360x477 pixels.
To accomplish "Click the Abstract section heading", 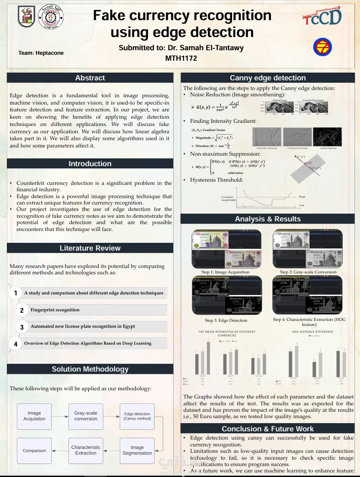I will tap(90, 78).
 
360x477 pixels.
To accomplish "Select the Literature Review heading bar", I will tap(90, 248).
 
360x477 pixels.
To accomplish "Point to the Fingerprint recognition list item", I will tap(55, 310).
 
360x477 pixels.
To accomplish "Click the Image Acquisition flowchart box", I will tap(34, 416).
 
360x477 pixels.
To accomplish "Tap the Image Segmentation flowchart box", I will tap(137, 450).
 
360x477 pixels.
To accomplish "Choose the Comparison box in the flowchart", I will tap(34, 451).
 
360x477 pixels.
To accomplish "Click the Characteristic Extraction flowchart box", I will tap(86, 450).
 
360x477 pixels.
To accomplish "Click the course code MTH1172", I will tap(181, 58).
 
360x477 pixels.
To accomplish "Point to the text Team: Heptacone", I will tap(41, 53).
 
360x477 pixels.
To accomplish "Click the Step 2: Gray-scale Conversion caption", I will tap(308, 272).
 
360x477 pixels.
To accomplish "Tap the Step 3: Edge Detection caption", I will tap(226, 320).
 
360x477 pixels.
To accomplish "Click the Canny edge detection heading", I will tap(268, 78).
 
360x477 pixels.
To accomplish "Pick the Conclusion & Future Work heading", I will tap(268, 429).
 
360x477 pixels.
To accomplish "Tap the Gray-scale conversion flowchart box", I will tap(86, 416).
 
